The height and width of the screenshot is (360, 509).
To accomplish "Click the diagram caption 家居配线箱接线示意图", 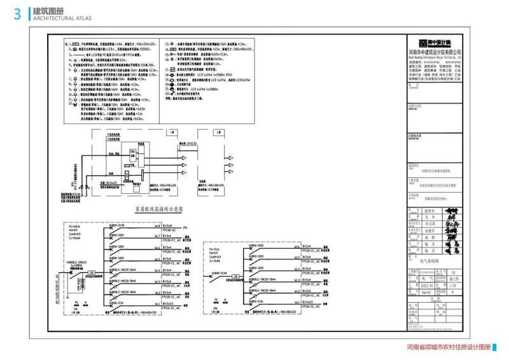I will point(158,209).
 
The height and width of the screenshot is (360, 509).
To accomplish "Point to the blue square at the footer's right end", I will point(496,348).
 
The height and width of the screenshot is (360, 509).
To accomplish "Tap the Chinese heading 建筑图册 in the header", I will point(48,11).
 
